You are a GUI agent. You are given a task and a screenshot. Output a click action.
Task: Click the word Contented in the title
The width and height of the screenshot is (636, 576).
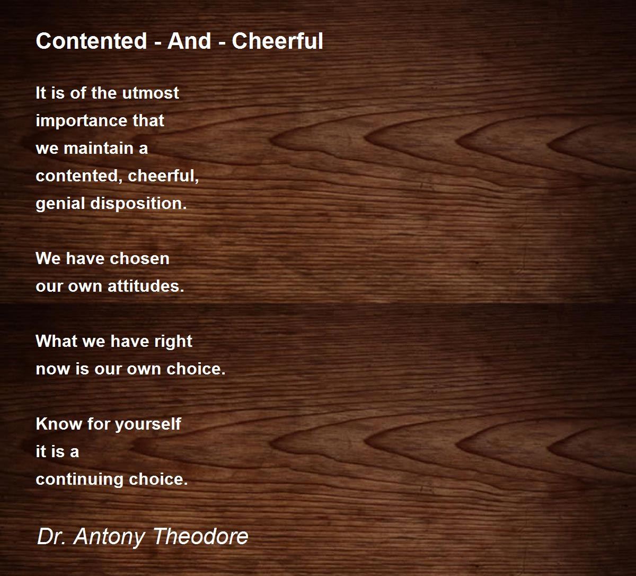(x=91, y=41)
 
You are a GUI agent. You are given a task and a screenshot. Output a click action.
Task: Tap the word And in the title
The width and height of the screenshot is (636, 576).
(x=189, y=41)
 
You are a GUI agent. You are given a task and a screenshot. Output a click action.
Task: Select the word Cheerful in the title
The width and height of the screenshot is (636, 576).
(x=277, y=41)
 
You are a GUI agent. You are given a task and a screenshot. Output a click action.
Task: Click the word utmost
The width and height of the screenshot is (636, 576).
(x=151, y=93)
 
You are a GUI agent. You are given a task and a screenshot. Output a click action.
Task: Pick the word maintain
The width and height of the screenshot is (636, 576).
(x=99, y=148)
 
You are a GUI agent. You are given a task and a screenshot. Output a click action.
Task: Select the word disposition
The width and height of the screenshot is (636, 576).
(x=138, y=204)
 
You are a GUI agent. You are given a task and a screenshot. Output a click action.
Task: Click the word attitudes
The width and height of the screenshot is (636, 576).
(x=146, y=286)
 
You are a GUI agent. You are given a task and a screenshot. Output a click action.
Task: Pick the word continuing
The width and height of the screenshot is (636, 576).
(x=79, y=480)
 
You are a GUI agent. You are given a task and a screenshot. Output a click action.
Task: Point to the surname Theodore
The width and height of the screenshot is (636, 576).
(x=200, y=537)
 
